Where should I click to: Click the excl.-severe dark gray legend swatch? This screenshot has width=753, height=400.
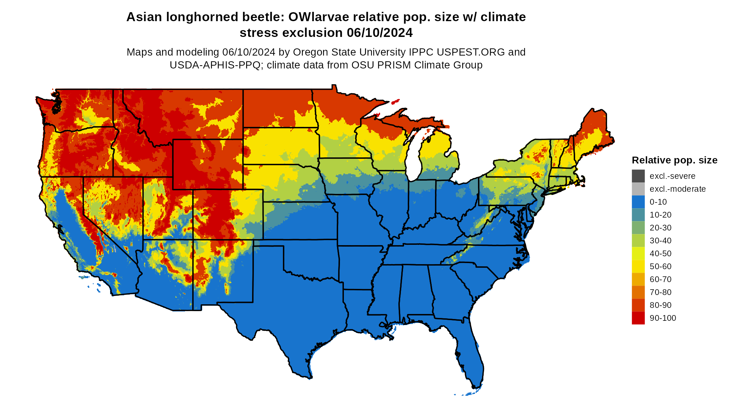(638, 176)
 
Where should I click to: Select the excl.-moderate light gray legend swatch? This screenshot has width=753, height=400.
(638, 189)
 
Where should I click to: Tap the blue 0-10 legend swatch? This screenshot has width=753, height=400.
(638, 202)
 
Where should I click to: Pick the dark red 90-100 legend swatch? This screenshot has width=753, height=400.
(638, 318)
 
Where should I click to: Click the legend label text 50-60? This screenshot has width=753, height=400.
(660, 266)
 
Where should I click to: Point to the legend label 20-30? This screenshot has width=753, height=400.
(660, 228)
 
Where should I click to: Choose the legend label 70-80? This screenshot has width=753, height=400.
(660, 292)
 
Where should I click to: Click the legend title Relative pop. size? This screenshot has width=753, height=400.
(674, 160)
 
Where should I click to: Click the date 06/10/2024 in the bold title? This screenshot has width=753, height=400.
(380, 33)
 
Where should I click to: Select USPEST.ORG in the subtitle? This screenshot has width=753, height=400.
(471, 52)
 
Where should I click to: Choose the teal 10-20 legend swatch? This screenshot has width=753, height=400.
(638, 215)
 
